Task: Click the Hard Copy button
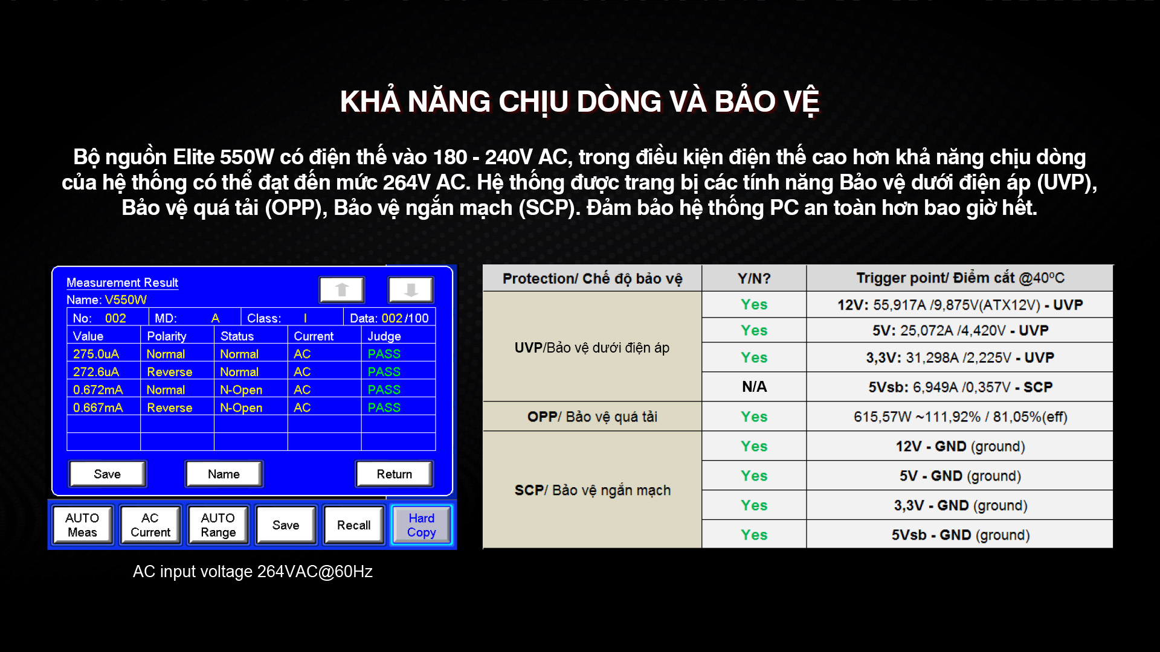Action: (x=421, y=525)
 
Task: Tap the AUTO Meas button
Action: (x=82, y=525)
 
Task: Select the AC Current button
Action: (x=150, y=525)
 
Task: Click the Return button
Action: (x=395, y=474)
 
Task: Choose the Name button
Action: (x=224, y=474)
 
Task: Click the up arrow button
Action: (x=342, y=290)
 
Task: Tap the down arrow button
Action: (x=411, y=290)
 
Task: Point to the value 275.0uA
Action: (x=96, y=354)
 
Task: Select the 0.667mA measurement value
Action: (x=98, y=407)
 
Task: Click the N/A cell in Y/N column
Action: (x=754, y=387)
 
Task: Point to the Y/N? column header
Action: (x=754, y=278)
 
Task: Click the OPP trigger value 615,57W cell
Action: (x=960, y=417)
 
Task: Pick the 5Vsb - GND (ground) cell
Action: (x=960, y=535)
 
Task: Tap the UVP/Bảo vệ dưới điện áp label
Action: (x=592, y=348)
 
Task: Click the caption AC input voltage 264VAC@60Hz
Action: (x=253, y=572)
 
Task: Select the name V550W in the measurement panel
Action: (x=126, y=300)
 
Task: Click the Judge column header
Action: (x=384, y=336)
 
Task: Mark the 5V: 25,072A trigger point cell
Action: (x=960, y=330)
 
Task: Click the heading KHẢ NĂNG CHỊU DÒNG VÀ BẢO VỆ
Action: (x=579, y=101)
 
